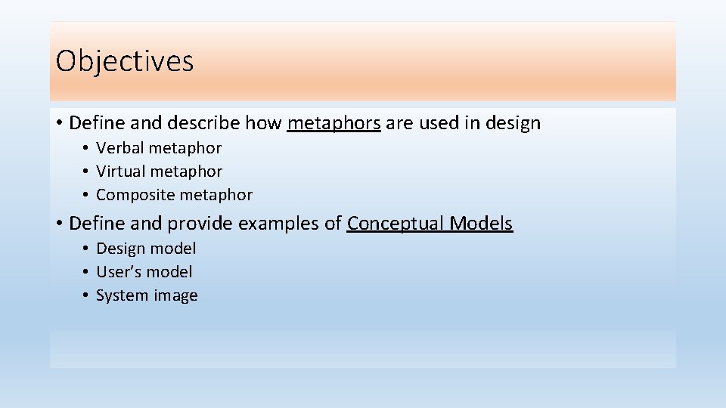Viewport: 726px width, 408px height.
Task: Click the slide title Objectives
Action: (x=125, y=61)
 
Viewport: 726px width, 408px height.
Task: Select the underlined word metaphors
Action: (x=334, y=123)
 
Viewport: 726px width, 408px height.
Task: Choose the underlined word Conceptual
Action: (x=396, y=224)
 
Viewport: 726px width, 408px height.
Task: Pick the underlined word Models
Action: (x=481, y=224)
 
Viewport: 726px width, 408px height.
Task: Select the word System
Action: (x=119, y=295)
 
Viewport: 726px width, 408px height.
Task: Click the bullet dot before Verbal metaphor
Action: (x=88, y=148)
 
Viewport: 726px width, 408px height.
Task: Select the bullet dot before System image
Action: (x=88, y=295)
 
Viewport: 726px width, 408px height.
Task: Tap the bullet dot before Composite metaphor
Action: (x=88, y=195)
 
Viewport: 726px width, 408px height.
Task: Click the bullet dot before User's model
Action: (x=88, y=272)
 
